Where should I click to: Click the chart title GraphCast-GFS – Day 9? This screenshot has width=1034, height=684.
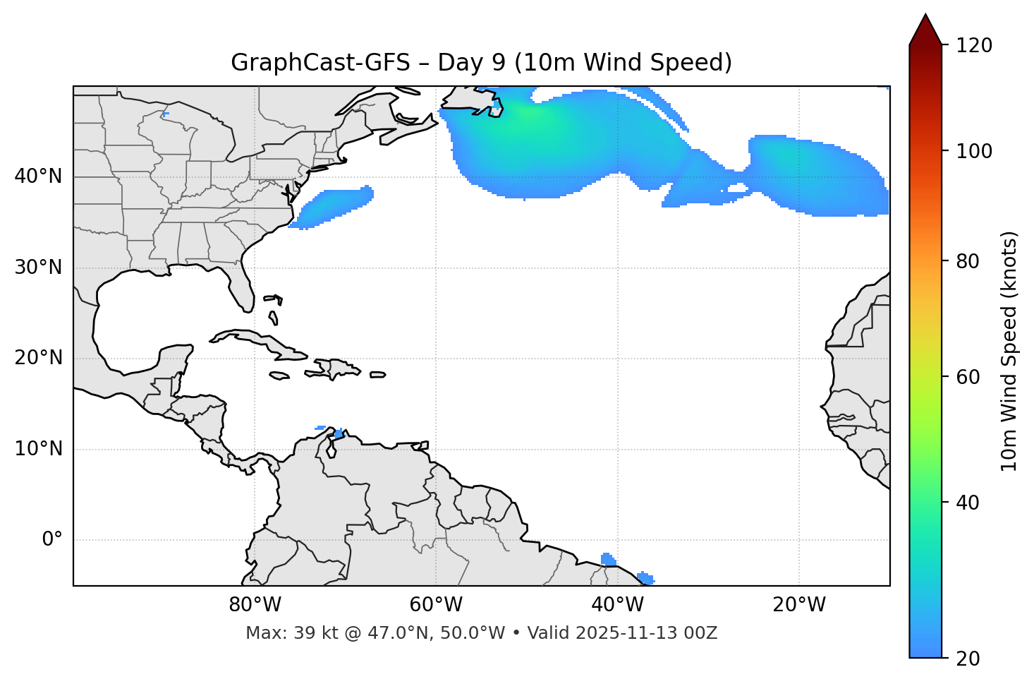pyautogui.click(x=481, y=63)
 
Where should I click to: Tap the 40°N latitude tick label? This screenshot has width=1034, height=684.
pyautogui.click(x=38, y=176)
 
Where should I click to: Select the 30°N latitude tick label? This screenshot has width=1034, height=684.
pyautogui.click(x=38, y=268)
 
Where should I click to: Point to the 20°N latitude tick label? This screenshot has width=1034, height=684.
pyautogui.click(x=38, y=358)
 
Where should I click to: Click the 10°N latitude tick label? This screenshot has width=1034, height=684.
pyautogui.click(x=38, y=449)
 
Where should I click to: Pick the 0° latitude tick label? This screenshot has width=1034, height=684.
pyautogui.click(x=51, y=540)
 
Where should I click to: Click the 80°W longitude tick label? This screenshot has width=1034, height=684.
pyautogui.click(x=255, y=605)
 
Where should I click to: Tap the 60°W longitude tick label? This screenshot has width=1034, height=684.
pyautogui.click(x=436, y=605)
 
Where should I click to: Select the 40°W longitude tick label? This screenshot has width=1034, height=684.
pyautogui.click(x=617, y=605)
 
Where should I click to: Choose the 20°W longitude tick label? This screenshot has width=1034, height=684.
pyautogui.click(x=798, y=605)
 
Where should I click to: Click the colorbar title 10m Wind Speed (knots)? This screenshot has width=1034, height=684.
pyautogui.click(x=1009, y=351)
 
